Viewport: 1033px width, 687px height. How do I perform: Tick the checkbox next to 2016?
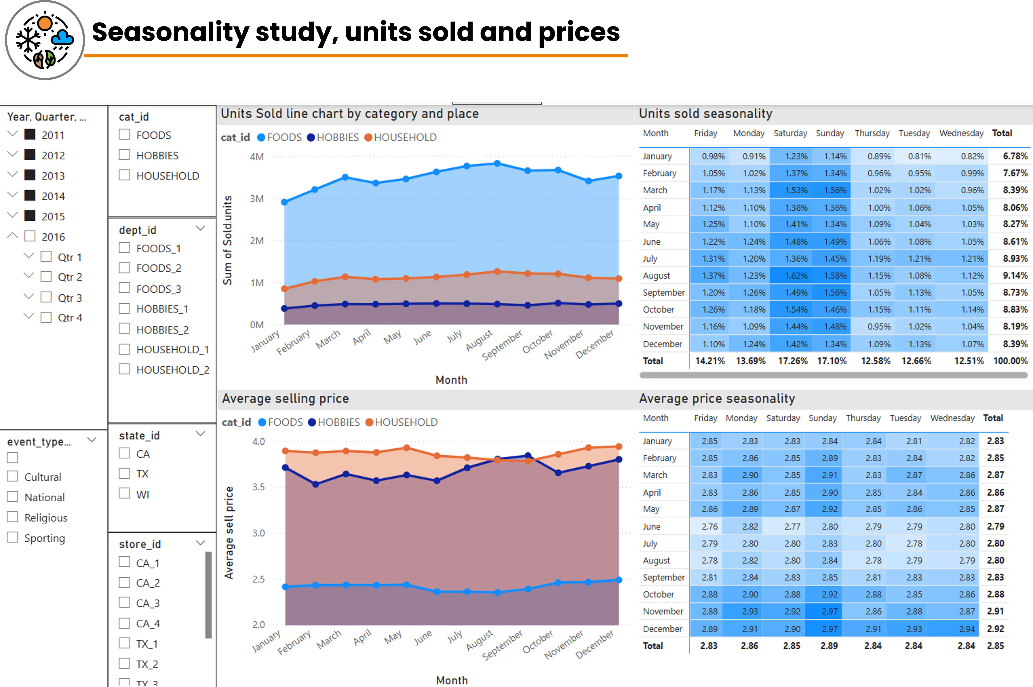pos(30,236)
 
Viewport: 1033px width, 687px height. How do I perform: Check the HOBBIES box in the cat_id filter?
pos(125,155)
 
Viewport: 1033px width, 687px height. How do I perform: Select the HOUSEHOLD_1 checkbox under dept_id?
pos(125,349)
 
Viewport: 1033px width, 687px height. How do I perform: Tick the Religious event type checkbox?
pos(13,517)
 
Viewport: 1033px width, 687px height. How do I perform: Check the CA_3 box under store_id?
pos(125,603)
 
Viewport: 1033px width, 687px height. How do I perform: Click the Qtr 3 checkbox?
pos(46,297)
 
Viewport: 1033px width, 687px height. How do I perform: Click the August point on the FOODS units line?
pos(497,163)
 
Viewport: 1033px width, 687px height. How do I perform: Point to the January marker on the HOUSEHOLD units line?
pos(284,289)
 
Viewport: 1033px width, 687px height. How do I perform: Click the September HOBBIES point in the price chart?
pos(528,456)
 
